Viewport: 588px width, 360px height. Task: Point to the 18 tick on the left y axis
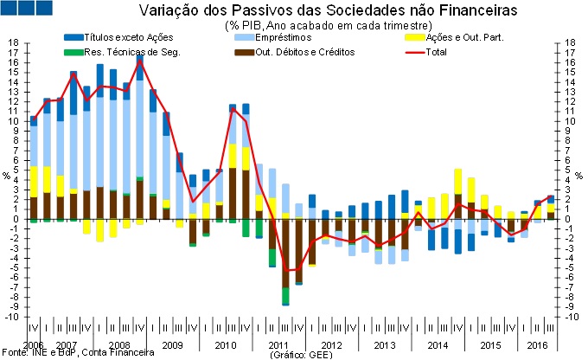[x=12, y=42]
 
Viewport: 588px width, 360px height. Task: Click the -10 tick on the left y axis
[x=10, y=317]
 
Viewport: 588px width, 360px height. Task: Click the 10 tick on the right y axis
[x=575, y=121]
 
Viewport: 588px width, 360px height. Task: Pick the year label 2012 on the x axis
[x=331, y=345]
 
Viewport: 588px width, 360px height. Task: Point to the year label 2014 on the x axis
[x=437, y=345]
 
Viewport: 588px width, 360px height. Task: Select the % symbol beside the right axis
[x=582, y=176]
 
